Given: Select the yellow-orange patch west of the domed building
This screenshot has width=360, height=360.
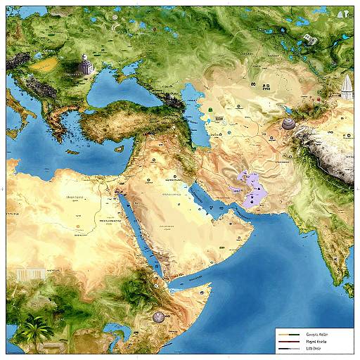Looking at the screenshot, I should pyautogui.click(x=45, y=65).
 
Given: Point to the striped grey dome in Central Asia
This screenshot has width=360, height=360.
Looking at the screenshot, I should pyautogui.click(x=288, y=124).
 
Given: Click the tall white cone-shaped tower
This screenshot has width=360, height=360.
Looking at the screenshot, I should pyautogui.click(x=347, y=87).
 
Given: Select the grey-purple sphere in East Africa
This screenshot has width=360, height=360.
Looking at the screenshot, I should pyautogui.click(x=159, y=318).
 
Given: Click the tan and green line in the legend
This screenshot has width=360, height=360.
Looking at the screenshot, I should pyautogui.click(x=288, y=333).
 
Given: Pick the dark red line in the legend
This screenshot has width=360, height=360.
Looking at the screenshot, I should pyautogui.click(x=288, y=341).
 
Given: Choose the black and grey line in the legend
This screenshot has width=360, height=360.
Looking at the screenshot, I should pyautogui.click(x=288, y=349).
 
